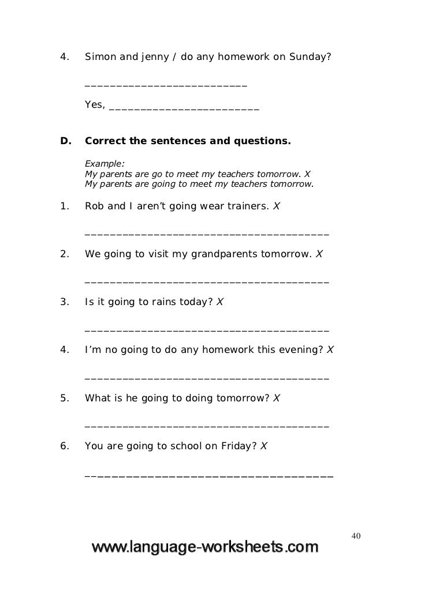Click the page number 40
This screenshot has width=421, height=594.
tap(356, 537)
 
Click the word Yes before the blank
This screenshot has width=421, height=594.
tap(94, 105)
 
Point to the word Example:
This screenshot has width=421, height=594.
tap(105, 163)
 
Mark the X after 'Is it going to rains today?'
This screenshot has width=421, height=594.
tap(219, 302)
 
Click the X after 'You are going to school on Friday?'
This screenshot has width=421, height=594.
tap(263, 446)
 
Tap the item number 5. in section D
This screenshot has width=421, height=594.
tap(65, 398)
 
